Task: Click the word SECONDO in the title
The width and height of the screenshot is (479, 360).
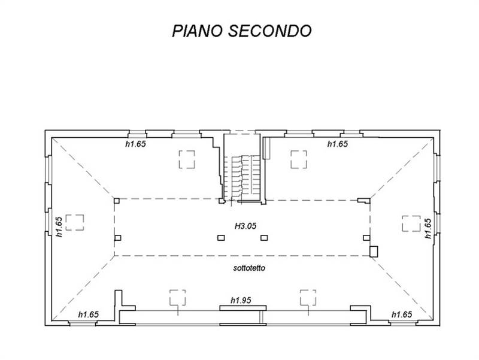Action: tap(271, 31)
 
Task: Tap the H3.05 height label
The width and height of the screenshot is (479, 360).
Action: tap(245, 225)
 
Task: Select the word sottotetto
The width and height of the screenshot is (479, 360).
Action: tap(250, 268)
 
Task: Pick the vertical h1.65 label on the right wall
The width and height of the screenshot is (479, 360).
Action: tap(428, 228)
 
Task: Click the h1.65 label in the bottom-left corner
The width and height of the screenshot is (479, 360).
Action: tap(89, 314)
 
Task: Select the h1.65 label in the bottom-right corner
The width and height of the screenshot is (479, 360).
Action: tap(401, 314)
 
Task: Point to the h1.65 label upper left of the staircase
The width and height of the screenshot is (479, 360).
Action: tap(135, 144)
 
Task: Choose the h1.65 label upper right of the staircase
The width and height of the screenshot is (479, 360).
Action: tap(338, 144)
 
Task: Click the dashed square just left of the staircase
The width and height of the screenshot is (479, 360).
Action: tap(187, 159)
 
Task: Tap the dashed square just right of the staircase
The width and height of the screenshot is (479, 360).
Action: tap(299, 159)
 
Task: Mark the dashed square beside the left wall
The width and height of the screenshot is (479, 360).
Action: tap(76, 222)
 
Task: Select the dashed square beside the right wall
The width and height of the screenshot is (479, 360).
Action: tap(411, 222)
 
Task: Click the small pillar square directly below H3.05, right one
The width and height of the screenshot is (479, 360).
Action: tap(264, 238)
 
